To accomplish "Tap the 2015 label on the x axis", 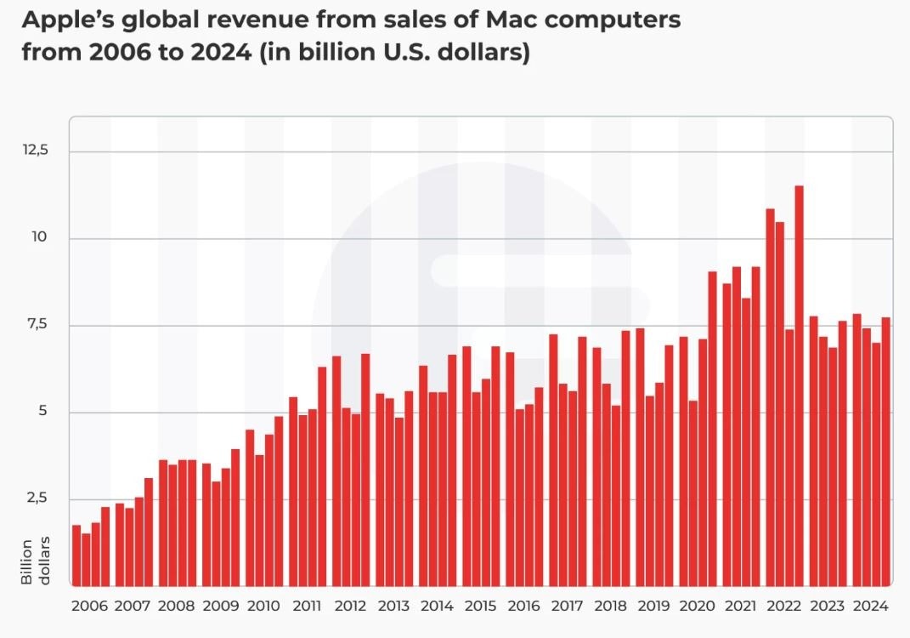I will point(480,607).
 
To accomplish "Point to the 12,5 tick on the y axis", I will point(37,150).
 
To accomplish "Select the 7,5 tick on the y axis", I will point(37,324).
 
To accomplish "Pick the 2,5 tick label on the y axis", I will point(37,498).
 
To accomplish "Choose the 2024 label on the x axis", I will point(871,607).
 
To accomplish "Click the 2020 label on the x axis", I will point(697,607).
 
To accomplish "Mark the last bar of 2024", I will point(885,451).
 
